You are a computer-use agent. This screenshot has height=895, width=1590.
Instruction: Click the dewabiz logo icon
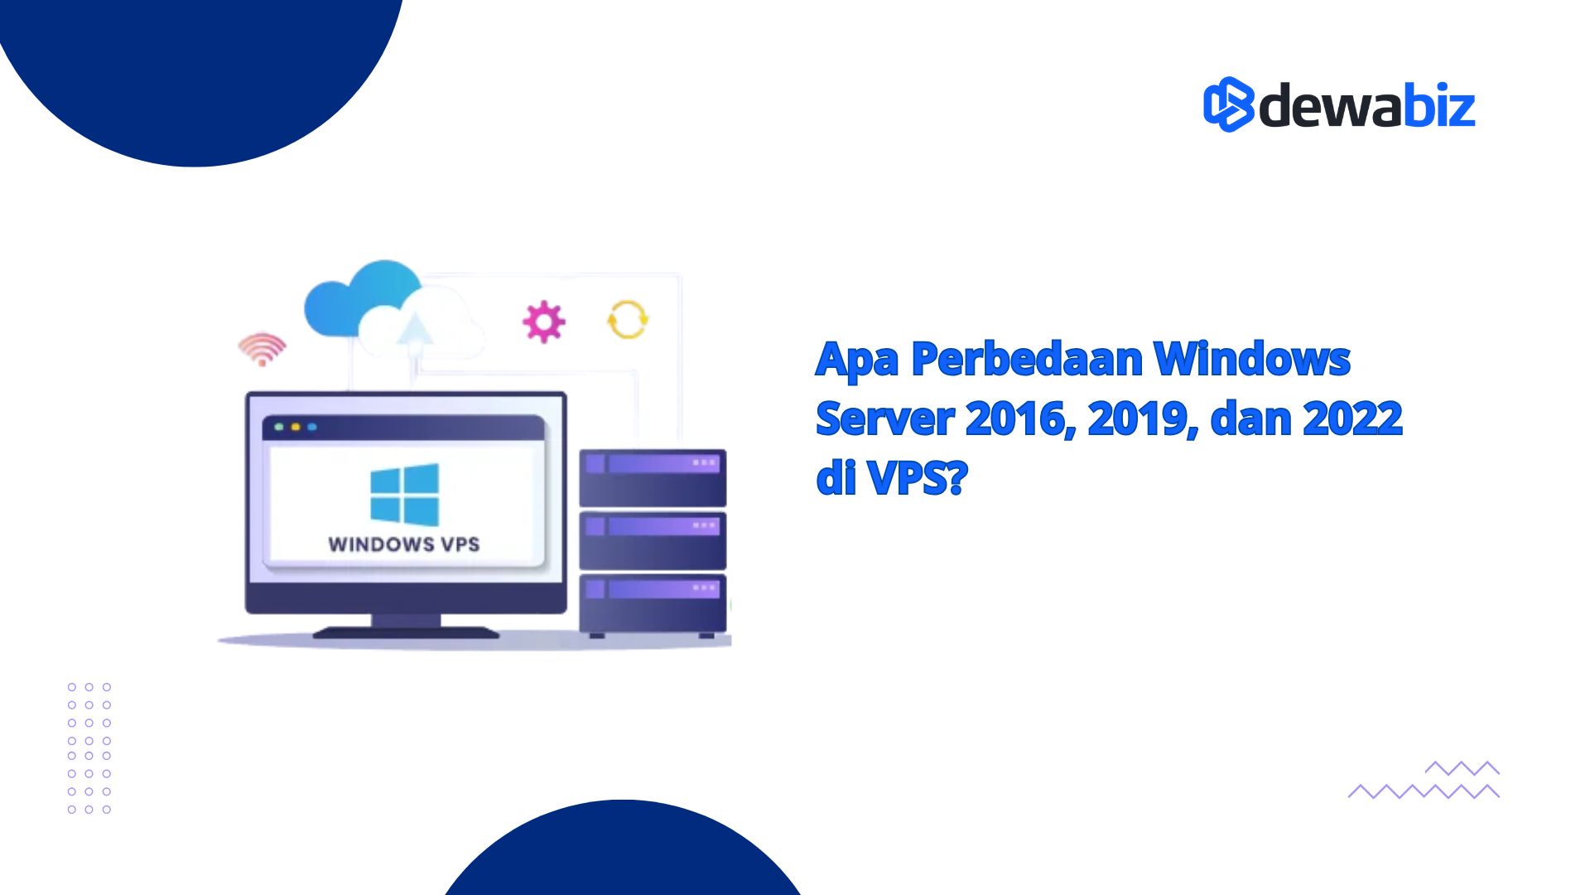[x=1229, y=104]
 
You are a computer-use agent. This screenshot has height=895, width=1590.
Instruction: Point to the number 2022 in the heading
[x=1352, y=418]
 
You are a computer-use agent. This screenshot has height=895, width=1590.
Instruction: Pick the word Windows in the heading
[x=1251, y=359]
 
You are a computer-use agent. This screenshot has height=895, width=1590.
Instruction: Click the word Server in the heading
[x=884, y=418]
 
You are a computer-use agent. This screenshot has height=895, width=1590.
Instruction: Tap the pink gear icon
[x=544, y=322]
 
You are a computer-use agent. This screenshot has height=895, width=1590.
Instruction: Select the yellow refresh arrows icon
[x=628, y=320]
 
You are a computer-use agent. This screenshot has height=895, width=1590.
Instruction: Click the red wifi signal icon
[x=263, y=349]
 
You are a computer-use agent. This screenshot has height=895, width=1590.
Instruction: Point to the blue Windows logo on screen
[x=404, y=495]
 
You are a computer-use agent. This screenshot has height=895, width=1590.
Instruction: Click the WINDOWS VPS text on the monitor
[x=404, y=544]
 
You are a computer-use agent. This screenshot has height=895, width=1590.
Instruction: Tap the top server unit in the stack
[x=653, y=478]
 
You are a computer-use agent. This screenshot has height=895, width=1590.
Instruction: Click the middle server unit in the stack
[x=653, y=540]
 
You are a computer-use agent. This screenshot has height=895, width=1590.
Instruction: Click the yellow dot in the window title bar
[x=296, y=427]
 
